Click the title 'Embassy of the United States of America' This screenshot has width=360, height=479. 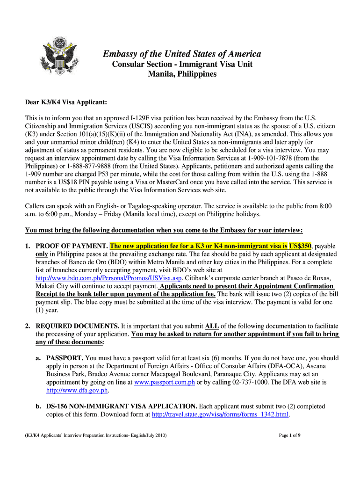click(182, 54)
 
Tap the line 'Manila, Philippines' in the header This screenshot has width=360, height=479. click(182, 74)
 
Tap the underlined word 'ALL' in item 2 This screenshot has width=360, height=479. click(211, 326)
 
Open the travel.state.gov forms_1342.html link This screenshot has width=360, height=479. click(221, 414)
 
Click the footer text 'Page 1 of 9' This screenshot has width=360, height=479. click(289, 436)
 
